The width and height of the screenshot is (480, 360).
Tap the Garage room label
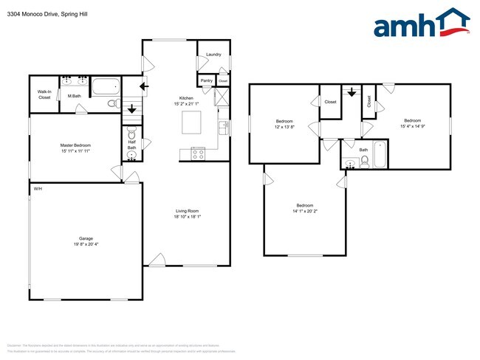coord(86,238)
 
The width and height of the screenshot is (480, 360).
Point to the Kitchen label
coord(187,98)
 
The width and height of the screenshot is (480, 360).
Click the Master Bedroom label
coord(75,145)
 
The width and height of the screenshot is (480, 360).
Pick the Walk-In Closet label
coord(44,94)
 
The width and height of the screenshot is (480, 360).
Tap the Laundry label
coord(213,55)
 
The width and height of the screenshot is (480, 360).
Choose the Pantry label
coord(206,80)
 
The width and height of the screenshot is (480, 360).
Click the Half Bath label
coord(131,145)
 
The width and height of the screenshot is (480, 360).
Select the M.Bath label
coord(74,96)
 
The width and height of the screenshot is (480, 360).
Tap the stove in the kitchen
coord(198,153)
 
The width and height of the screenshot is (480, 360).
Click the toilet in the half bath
coord(131,134)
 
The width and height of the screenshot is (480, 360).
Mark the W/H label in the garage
coord(37,189)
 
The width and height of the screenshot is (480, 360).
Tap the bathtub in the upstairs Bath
coord(380,154)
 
